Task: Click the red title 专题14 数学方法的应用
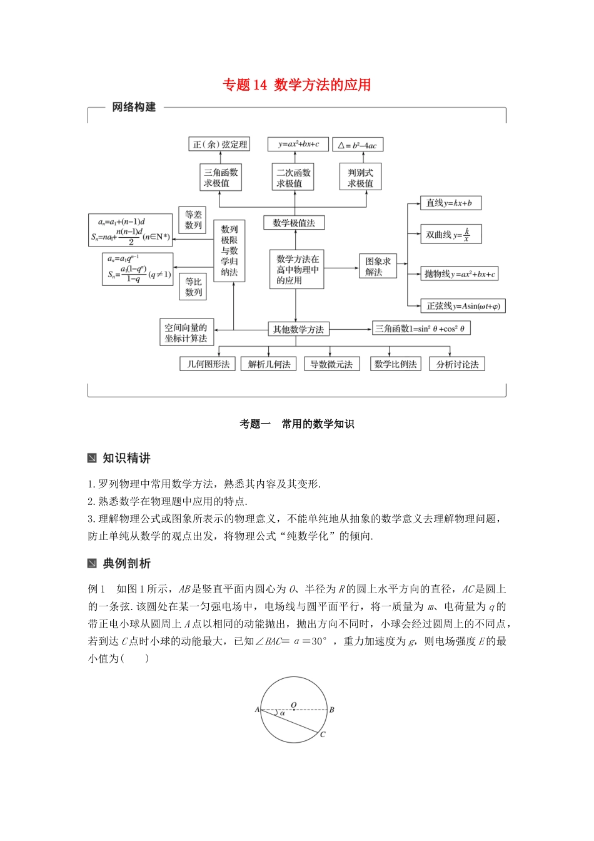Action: tap(297, 85)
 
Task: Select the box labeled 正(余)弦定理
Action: tap(219, 145)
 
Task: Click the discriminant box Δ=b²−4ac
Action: tap(358, 145)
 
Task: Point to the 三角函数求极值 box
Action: tap(221, 178)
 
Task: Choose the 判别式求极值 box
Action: tap(360, 178)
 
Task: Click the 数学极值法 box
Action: tap(294, 223)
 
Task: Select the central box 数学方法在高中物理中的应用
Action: tap(297, 270)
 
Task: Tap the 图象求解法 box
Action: tap(378, 266)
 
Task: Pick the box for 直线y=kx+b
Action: tap(450, 203)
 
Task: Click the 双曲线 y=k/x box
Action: tap(450, 235)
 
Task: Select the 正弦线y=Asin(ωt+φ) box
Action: tap(463, 306)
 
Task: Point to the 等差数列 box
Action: tap(194, 220)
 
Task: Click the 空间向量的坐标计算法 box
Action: tap(186, 333)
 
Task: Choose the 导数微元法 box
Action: tap(331, 364)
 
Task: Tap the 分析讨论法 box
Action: tap(457, 364)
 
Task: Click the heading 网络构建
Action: tap(134, 108)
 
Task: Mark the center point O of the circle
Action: tap(294, 710)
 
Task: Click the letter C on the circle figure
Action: tap(323, 734)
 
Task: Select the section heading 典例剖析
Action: tap(126, 564)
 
